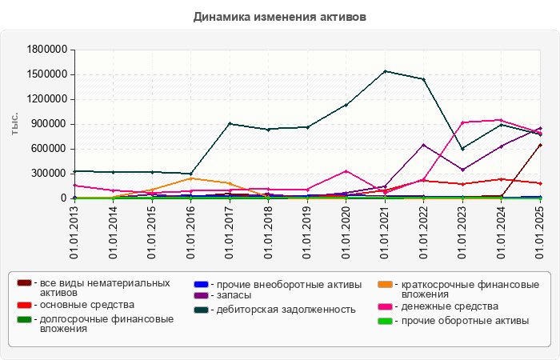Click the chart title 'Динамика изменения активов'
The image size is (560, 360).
pyautogui.click(x=280, y=17)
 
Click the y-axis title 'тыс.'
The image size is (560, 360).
pyautogui.click(x=14, y=123)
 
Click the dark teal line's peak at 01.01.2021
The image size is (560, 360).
pyautogui.click(x=385, y=71)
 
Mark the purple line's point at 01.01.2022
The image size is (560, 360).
pyautogui.click(x=424, y=145)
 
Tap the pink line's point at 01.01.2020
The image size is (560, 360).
pyautogui.click(x=346, y=171)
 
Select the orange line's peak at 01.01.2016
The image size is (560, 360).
pyautogui.click(x=190, y=178)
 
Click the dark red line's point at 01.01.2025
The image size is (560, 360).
pyautogui.click(x=540, y=145)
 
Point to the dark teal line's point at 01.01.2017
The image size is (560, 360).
pyautogui.click(x=230, y=123)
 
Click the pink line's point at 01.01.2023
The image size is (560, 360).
pyautogui.click(x=462, y=122)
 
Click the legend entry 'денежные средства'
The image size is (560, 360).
pyautogui.click(x=449, y=306)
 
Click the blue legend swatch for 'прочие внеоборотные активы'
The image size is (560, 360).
pyautogui.click(x=201, y=284)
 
